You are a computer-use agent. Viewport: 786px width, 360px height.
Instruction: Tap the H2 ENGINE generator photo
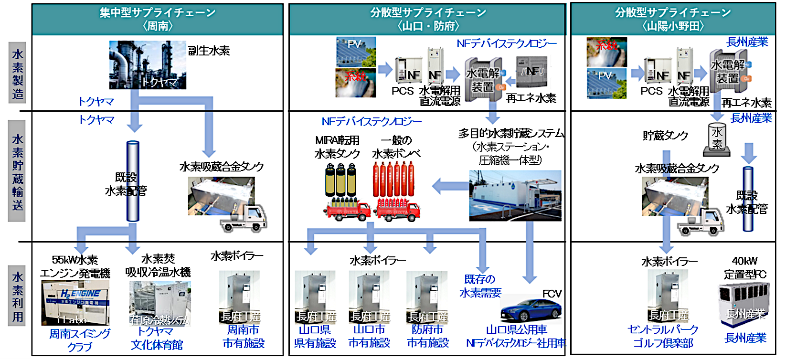point(75,302)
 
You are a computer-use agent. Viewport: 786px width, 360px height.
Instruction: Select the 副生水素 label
point(209,51)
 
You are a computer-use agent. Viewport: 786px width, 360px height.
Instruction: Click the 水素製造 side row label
point(18,74)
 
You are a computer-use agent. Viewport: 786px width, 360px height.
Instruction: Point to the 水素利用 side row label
point(18,296)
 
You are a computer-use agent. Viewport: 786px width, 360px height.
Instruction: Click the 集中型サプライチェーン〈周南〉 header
point(158,19)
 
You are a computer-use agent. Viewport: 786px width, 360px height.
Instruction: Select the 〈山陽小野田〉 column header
point(673,19)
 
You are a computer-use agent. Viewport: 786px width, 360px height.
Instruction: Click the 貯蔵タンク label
point(665,136)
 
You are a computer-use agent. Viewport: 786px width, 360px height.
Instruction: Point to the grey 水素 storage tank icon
point(717,139)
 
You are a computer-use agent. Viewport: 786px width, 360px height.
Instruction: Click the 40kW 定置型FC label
point(744,268)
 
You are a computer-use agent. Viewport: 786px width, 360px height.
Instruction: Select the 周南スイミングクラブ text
point(80,340)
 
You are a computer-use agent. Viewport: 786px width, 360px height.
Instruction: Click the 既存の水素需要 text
point(480,286)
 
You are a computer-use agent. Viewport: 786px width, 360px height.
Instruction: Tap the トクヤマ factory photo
point(148,65)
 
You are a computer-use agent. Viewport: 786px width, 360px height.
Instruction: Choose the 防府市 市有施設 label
point(427,336)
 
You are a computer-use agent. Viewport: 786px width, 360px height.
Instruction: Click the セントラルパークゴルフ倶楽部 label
point(663,336)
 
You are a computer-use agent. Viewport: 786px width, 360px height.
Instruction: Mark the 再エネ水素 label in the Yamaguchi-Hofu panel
point(531,98)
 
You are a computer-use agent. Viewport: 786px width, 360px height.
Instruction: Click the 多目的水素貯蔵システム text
point(511,134)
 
